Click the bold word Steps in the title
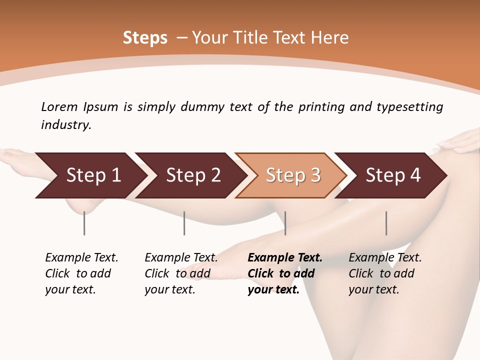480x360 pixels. click(145, 38)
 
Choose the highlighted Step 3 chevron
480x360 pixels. click(293, 175)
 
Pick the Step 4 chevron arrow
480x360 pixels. click(393, 175)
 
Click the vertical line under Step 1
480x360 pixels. click(84, 223)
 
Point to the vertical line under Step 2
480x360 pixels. click(184, 223)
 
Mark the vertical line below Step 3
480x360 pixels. click(285, 223)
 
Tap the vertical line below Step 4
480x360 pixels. click(386, 223)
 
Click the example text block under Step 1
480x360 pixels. click(81, 273)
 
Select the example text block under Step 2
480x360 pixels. click(181, 273)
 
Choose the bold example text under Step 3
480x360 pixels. click(285, 273)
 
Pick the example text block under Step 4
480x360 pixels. click(385, 273)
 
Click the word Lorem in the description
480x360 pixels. click(59, 106)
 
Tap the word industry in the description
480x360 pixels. click(66, 125)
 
